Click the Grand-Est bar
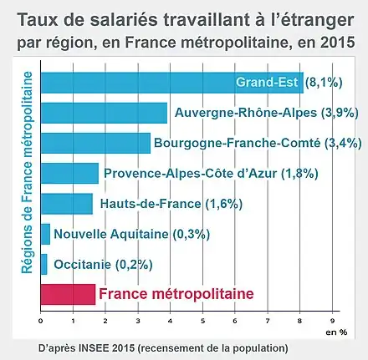(x=172, y=83)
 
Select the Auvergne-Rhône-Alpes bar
(x=104, y=113)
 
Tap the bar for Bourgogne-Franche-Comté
(x=95, y=143)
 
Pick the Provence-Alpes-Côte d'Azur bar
(x=69, y=173)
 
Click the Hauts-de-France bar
(x=67, y=204)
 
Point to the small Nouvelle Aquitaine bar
(x=45, y=234)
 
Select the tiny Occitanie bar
(x=44, y=264)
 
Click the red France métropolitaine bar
(x=68, y=294)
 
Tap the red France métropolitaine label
(x=176, y=294)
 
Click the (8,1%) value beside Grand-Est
(x=324, y=83)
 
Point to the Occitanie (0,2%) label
(x=103, y=264)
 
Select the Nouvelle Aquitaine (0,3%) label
(x=131, y=234)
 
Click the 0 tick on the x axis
(x=41, y=321)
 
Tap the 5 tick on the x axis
(x=202, y=321)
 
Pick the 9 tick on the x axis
(x=332, y=321)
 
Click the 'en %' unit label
(x=336, y=332)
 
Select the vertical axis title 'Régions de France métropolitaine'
(x=27, y=173)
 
